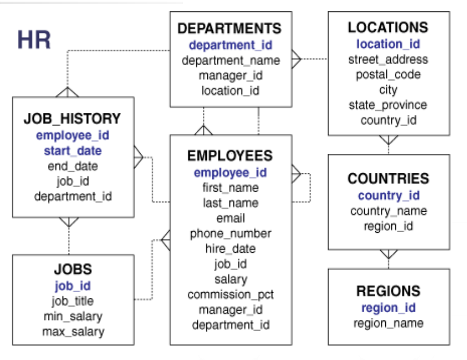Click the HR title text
pos(34,39)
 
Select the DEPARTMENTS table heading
pos(229,28)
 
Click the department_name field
pos(231,61)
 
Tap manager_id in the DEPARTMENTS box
pos(231,76)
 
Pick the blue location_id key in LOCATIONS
pos(389,44)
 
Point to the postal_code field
pos(389,74)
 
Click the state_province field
pos(388,105)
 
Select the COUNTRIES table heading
pos(389,178)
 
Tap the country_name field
pos(389,211)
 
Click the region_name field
pos(389,323)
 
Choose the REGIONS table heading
pos(389,291)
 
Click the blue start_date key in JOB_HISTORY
pos(73,151)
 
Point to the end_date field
pos(73,166)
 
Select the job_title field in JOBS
pos(73,301)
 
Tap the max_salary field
pos(73,332)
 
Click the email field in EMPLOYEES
pos(231,218)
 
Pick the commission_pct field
pos(231,294)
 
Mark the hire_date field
pos(231,249)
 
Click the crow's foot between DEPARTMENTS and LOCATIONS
pos(296,59)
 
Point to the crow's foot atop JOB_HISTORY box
pos(68,92)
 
